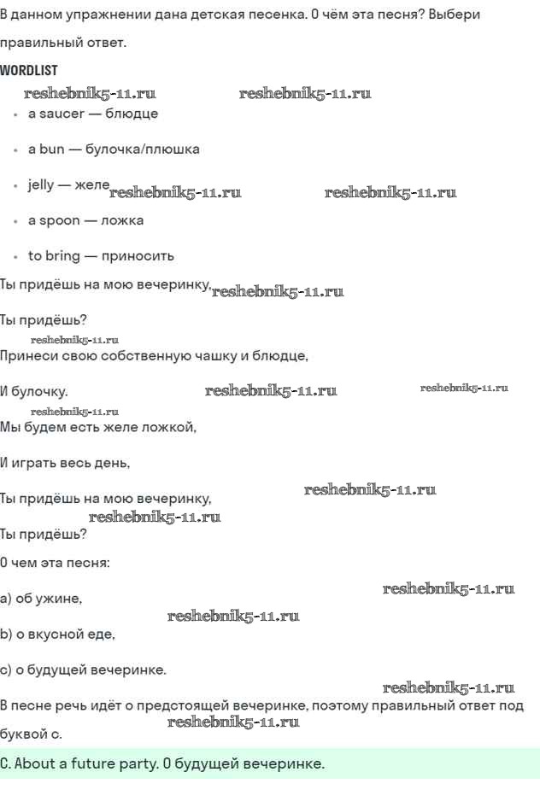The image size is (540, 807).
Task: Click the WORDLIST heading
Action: pos(29,70)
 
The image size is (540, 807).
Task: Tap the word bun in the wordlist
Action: pos(51,149)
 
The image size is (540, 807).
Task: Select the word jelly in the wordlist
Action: pos(40,184)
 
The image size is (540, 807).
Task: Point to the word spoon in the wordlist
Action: pos(59,220)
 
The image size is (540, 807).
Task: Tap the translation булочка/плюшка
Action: pos(143,149)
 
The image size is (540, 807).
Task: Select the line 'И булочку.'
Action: pos(34,392)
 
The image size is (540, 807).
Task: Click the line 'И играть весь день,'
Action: pos(65,464)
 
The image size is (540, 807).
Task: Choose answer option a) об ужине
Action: pos(41,599)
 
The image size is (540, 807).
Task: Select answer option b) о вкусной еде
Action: pos(57,634)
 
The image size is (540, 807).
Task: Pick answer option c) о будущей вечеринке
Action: pos(83,670)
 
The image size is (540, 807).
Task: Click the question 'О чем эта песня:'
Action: pos(55,563)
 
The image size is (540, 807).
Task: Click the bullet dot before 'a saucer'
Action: pos(16,114)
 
